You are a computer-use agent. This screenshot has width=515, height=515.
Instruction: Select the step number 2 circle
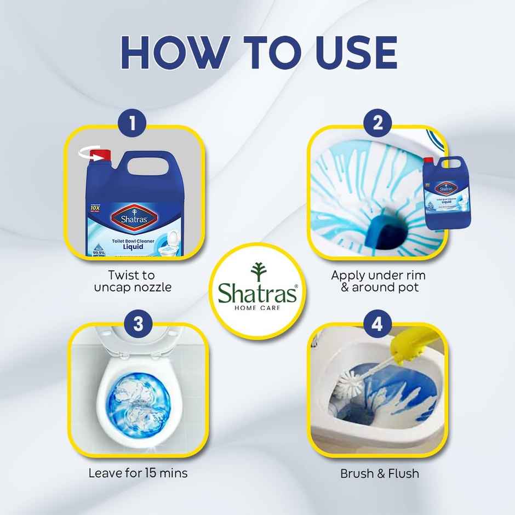click(377, 122)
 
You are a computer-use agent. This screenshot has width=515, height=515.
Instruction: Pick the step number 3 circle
click(138, 323)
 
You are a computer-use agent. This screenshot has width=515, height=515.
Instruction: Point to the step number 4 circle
click(377, 324)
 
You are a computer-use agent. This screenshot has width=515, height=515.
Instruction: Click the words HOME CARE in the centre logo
click(257, 308)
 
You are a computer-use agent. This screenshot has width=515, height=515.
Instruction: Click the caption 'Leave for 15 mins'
click(138, 473)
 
